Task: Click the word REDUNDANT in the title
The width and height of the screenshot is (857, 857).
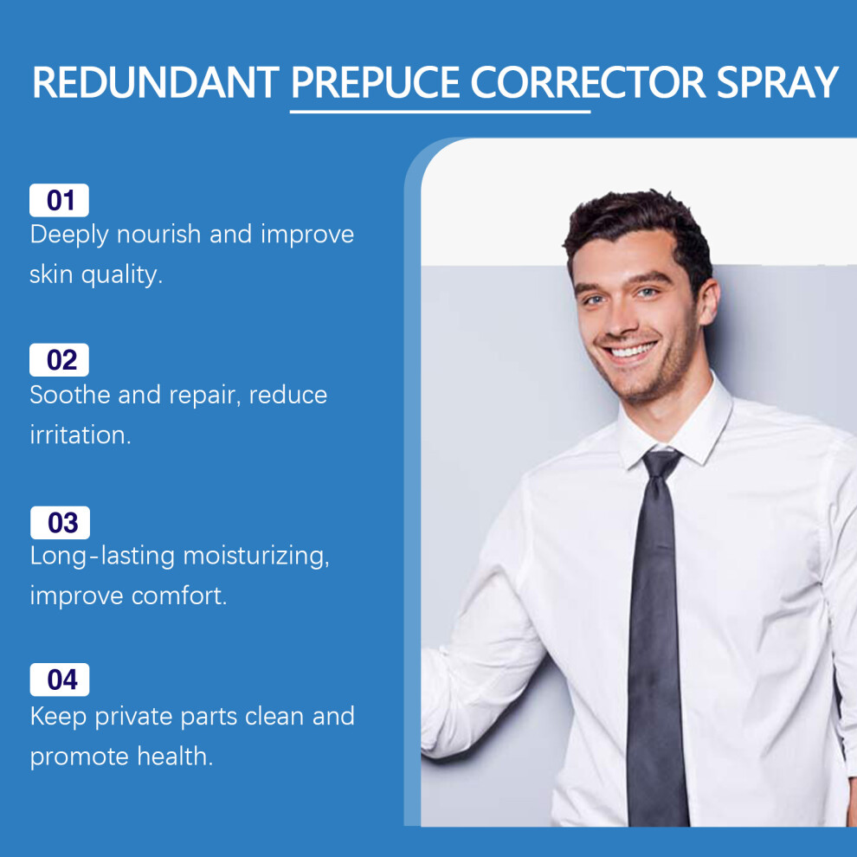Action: [156, 82]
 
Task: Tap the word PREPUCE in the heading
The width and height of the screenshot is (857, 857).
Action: [376, 82]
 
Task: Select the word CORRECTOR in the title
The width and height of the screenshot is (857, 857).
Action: [588, 82]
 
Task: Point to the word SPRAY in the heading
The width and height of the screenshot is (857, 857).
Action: [777, 82]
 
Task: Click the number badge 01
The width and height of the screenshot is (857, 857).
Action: [59, 200]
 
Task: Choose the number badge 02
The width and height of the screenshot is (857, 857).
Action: [59, 359]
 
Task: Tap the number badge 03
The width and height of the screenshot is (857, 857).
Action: [60, 523]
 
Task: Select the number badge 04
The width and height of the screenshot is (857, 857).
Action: [60, 680]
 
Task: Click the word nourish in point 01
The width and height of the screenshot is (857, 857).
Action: [158, 234]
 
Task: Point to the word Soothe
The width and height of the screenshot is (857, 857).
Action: [70, 395]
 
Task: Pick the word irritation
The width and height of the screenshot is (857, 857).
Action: [81, 435]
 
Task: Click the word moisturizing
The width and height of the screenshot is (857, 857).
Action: [255, 557]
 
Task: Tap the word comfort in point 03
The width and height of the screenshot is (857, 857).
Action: [178, 596]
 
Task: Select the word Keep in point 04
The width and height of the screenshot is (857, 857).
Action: [59, 717]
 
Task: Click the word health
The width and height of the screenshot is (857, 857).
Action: [174, 757]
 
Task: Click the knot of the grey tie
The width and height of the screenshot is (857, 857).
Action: [660, 463]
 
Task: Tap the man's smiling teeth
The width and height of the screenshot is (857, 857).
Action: [633, 350]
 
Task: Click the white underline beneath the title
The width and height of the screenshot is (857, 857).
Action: [440, 112]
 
